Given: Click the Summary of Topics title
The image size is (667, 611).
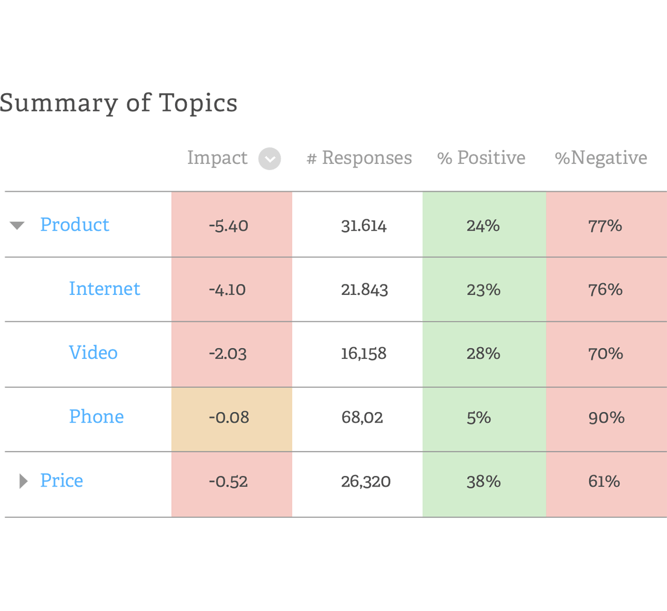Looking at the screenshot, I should (x=118, y=103).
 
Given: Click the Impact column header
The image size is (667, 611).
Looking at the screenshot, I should (x=217, y=158).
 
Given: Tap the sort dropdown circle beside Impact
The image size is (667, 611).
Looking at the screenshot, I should (x=270, y=159).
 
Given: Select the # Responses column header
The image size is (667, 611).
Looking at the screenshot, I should (x=359, y=158).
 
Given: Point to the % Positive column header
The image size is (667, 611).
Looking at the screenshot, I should (x=481, y=158).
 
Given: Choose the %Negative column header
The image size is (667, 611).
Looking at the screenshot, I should (x=601, y=158).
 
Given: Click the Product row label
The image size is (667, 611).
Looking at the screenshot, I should (x=75, y=224).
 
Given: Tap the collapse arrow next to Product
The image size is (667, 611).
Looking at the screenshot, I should (x=17, y=226).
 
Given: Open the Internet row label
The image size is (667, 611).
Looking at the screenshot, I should (x=104, y=289).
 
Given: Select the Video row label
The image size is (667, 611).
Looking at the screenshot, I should (x=93, y=353).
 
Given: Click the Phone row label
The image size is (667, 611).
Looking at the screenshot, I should (x=97, y=417).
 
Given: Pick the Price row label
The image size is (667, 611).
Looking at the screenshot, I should (x=62, y=480).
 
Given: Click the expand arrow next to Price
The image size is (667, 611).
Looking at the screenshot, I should (x=23, y=481).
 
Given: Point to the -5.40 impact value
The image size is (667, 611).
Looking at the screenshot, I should (x=228, y=226).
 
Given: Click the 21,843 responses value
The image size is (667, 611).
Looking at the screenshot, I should (x=364, y=289).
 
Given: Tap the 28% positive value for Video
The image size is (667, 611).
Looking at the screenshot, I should (x=483, y=354).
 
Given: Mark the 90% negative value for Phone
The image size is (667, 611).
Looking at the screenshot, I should (x=606, y=418).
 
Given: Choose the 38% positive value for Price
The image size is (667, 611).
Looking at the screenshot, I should (x=483, y=482).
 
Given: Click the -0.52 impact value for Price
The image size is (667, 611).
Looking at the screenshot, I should (x=228, y=482).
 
